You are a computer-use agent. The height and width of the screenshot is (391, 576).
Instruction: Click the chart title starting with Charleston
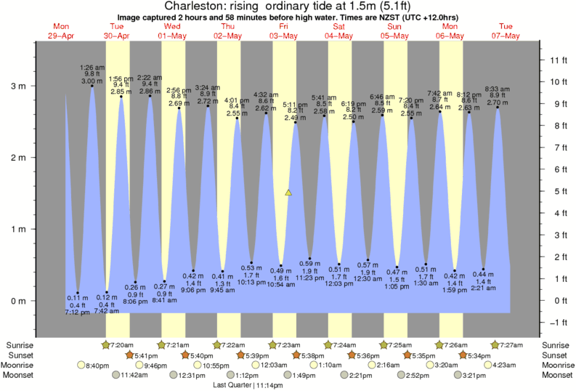tap(288, 7)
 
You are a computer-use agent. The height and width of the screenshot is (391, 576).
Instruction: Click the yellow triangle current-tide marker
tap(288, 193)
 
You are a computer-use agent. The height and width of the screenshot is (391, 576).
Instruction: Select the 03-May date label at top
tap(284, 35)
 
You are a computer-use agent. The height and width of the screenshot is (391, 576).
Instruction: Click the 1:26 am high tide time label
tap(92, 67)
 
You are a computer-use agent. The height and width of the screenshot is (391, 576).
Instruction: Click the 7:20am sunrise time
tap(122, 344)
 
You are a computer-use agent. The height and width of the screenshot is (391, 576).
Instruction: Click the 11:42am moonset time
tap(134, 376)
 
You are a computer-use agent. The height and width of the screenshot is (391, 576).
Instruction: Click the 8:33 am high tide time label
tap(497, 89)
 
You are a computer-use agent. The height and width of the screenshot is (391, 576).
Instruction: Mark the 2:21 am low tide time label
tap(482, 288)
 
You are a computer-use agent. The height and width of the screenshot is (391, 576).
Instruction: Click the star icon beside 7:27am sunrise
tap(494, 344)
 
